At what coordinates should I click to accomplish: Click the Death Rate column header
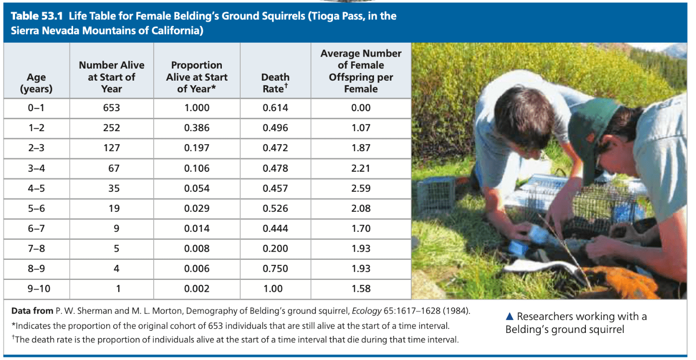pos(275,83)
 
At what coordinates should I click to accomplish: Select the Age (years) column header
pos(37,83)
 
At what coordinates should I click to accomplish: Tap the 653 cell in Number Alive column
pos(112,108)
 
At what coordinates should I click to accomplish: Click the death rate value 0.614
pos(275,108)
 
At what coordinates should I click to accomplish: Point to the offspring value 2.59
pos(361,188)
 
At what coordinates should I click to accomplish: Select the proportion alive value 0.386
pos(197,128)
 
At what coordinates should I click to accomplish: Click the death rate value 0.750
pos(275,268)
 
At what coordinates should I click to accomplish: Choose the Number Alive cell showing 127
pos(112,148)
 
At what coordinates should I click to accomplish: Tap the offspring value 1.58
pos(361,288)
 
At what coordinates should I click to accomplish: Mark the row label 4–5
pos(37,188)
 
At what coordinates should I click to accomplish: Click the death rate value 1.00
pos(273,288)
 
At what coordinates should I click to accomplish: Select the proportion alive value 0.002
pos(197,288)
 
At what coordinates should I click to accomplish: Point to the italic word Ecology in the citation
pos(367,311)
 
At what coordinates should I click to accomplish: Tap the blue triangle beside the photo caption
pos(510,316)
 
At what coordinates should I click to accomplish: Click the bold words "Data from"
pos(32,311)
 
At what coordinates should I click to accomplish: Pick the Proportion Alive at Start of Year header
pos(197,77)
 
